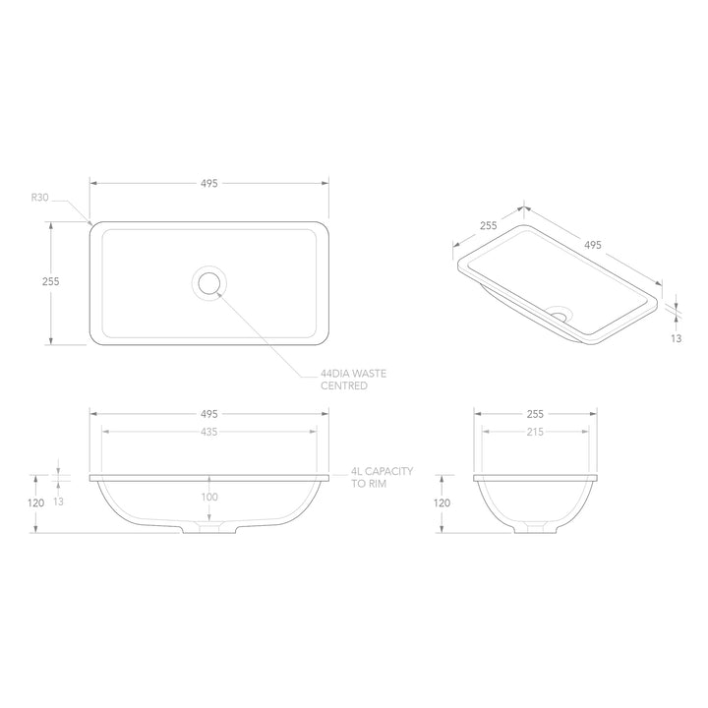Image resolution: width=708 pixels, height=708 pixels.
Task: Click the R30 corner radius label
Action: point(39,198)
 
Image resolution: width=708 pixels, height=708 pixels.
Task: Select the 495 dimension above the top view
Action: point(209,183)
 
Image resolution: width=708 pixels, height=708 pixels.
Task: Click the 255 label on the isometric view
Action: point(488,225)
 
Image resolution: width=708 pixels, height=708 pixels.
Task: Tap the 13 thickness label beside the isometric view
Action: point(677,337)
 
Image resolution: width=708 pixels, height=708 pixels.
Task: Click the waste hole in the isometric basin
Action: point(560,316)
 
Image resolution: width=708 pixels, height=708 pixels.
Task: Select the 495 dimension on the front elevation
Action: point(209,414)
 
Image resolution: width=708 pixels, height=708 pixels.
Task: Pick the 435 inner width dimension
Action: point(209,432)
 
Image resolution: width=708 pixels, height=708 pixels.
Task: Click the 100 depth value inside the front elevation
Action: point(209,498)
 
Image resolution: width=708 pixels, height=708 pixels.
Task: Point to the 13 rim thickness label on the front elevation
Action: point(58,501)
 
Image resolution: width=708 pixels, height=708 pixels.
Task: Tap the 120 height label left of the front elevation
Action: point(36,502)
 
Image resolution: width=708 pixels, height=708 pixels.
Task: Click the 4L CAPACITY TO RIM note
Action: point(382,479)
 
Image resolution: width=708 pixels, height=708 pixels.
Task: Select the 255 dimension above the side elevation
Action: point(535,414)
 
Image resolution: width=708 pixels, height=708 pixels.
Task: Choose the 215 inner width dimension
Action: point(535,432)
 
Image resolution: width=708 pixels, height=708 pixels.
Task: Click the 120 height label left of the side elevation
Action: point(442,502)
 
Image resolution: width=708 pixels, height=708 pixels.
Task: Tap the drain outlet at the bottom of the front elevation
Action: point(209,529)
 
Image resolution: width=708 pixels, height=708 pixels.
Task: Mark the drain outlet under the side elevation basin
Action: point(535,529)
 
